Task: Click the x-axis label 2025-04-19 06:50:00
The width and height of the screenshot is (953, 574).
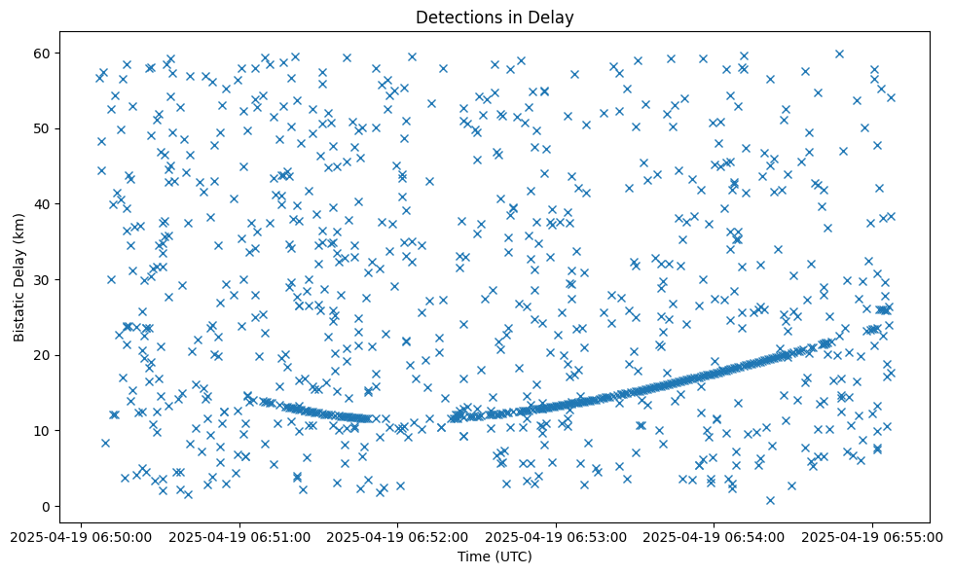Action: (x=83, y=536)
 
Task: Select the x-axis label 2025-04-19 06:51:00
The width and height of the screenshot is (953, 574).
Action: (x=239, y=536)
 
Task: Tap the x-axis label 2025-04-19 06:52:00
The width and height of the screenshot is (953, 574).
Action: (x=397, y=536)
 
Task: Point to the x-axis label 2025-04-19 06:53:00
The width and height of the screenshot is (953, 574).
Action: (x=556, y=536)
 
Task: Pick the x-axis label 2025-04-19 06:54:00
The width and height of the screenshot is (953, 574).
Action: (x=714, y=536)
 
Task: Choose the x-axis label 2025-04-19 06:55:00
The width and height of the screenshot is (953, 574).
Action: (x=871, y=536)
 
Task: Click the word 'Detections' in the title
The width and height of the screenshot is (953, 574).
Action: (x=456, y=17)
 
